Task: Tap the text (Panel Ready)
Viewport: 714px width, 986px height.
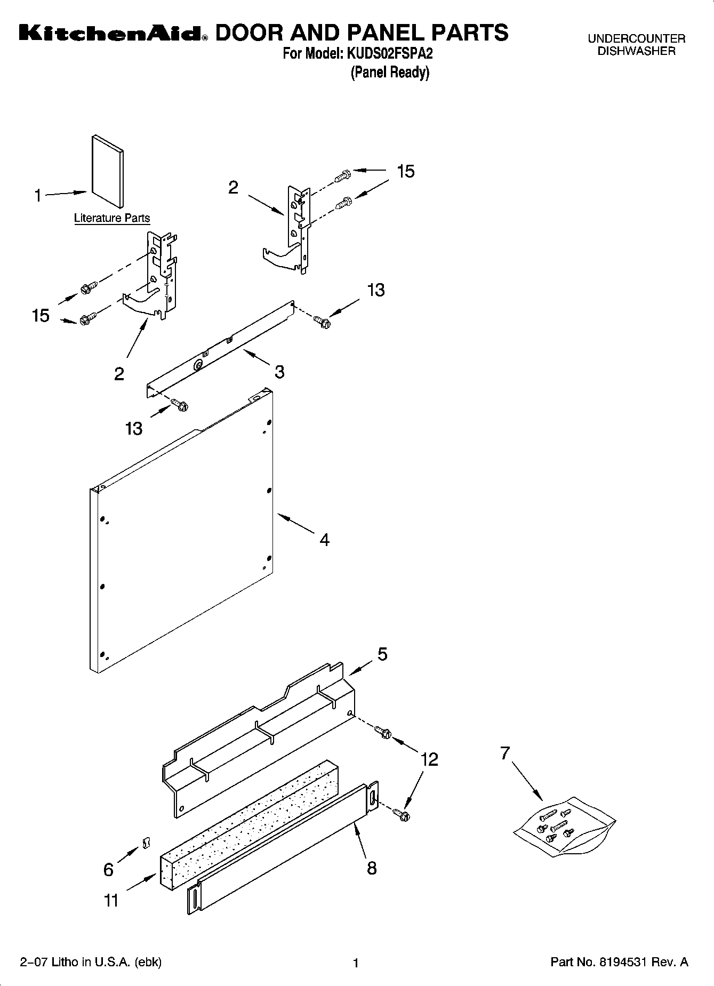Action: pos(389,73)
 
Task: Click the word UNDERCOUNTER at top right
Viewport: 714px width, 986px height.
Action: pos(636,39)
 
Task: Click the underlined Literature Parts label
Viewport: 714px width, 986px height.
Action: pos(112,218)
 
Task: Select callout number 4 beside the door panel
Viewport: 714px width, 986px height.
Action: pos(324,540)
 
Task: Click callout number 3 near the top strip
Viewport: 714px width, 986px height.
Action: pos(279,372)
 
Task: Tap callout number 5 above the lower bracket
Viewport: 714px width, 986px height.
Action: pos(382,654)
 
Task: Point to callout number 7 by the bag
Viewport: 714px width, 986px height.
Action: pos(504,753)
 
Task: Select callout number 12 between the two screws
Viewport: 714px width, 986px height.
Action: pos(429,759)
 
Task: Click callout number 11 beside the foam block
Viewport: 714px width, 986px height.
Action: pos(110,901)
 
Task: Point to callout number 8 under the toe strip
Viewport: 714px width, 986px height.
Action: pos(372,868)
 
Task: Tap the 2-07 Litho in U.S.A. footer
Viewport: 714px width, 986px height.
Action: pos(91,962)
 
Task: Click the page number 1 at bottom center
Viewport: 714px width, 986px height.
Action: pos(356,963)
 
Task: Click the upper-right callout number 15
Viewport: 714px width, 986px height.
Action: pos(405,171)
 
